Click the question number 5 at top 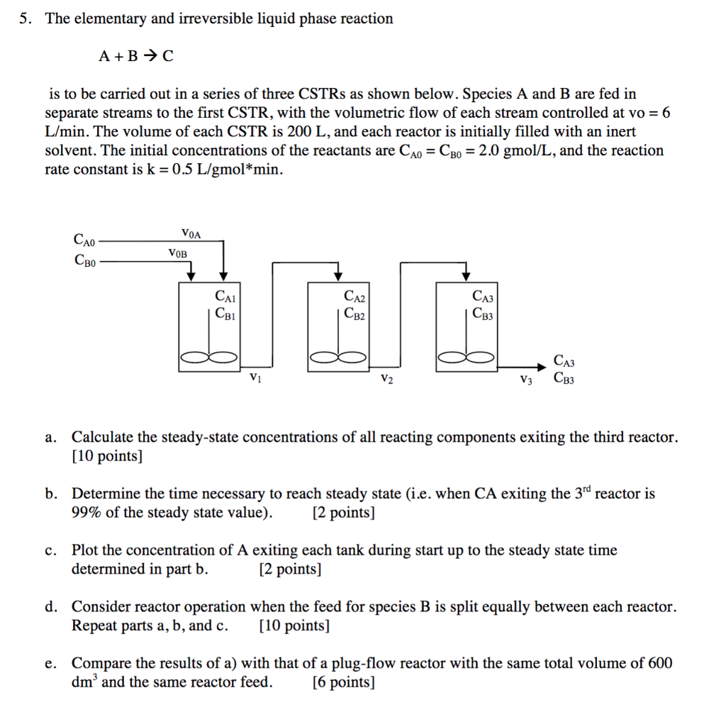(24, 19)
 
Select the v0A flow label (191, 232)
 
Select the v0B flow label (177, 252)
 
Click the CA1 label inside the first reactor (225, 296)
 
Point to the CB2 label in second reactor (354, 312)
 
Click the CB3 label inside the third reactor (482, 312)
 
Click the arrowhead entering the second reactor (338, 275)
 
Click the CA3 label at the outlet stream (564, 362)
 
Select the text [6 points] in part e (343, 682)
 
